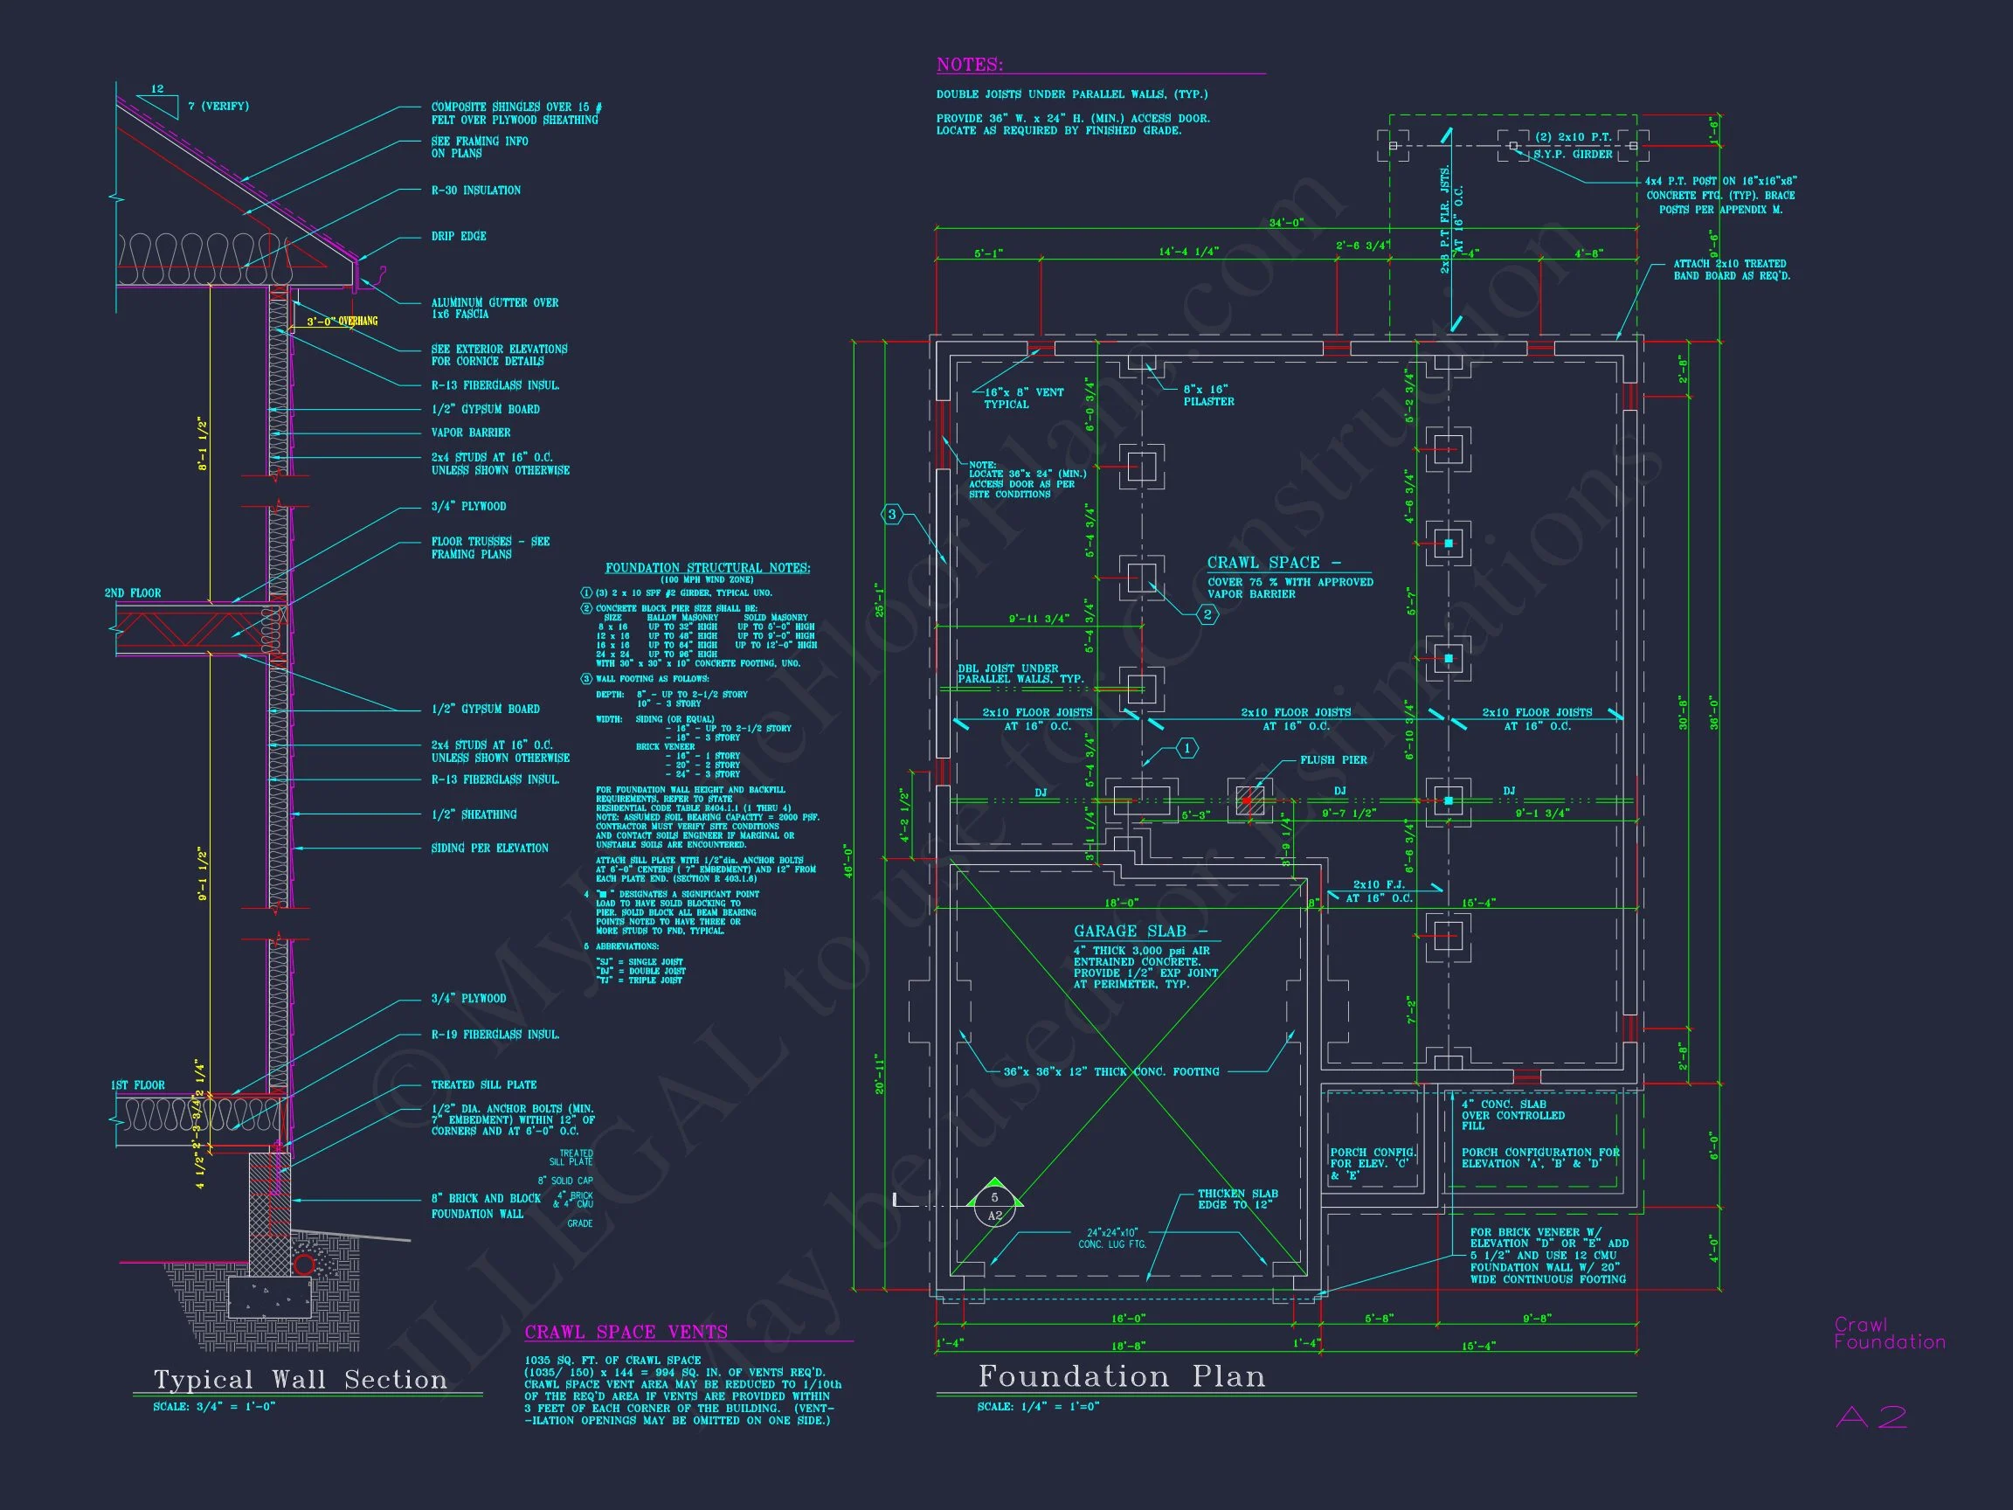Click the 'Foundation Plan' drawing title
(x=1121, y=1376)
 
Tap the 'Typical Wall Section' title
(x=301, y=1380)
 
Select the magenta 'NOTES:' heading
(x=969, y=65)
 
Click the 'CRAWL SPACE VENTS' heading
(x=626, y=1332)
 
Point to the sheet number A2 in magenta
(x=1871, y=1417)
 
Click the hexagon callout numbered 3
(x=892, y=514)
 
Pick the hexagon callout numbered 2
(x=1207, y=614)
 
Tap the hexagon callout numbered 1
(x=1186, y=748)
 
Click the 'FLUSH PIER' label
(x=1333, y=760)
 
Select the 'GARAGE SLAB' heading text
(x=1130, y=932)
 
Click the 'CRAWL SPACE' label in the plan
(x=1263, y=563)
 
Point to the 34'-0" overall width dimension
(x=1286, y=223)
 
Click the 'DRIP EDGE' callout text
(x=459, y=236)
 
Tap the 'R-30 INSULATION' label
(x=476, y=190)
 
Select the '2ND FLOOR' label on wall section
(x=133, y=592)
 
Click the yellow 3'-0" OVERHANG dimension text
(x=342, y=322)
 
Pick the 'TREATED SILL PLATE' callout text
(x=483, y=1085)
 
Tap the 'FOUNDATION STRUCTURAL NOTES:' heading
(x=707, y=568)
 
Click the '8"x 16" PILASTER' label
(x=1207, y=395)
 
